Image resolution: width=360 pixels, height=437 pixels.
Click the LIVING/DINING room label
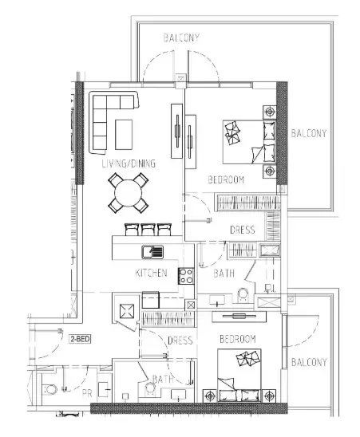pyautogui.click(x=128, y=163)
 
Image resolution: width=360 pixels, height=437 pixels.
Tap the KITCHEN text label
pyautogui.click(x=151, y=274)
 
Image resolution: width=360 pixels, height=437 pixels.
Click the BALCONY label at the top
pyautogui.click(x=181, y=37)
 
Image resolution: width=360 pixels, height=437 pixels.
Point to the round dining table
pyautogui.click(x=129, y=193)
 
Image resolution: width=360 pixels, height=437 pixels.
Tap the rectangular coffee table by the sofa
pyautogui.click(x=125, y=133)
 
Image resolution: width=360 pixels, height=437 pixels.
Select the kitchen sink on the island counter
pyautogui.click(x=152, y=252)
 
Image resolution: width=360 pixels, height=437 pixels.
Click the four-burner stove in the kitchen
pyautogui.click(x=187, y=277)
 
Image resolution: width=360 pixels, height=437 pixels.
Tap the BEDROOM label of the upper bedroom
pyautogui.click(x=226, y=179)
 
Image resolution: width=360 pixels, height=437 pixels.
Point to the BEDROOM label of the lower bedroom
pyautogui.click(x=237, y=339)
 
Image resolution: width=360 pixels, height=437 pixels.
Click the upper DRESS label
pyautogui.click(x=242, y=230)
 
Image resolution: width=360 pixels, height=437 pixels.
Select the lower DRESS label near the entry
pyautogui.click(x=180, y=341)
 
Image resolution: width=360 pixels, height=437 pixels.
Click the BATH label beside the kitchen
pyautogui.click(x=224, y=274)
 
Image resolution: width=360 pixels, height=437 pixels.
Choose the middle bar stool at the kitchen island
pyautogui.click(x=149, y=229)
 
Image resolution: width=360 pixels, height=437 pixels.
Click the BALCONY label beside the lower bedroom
pyautogui.click(x=308, y=362)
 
